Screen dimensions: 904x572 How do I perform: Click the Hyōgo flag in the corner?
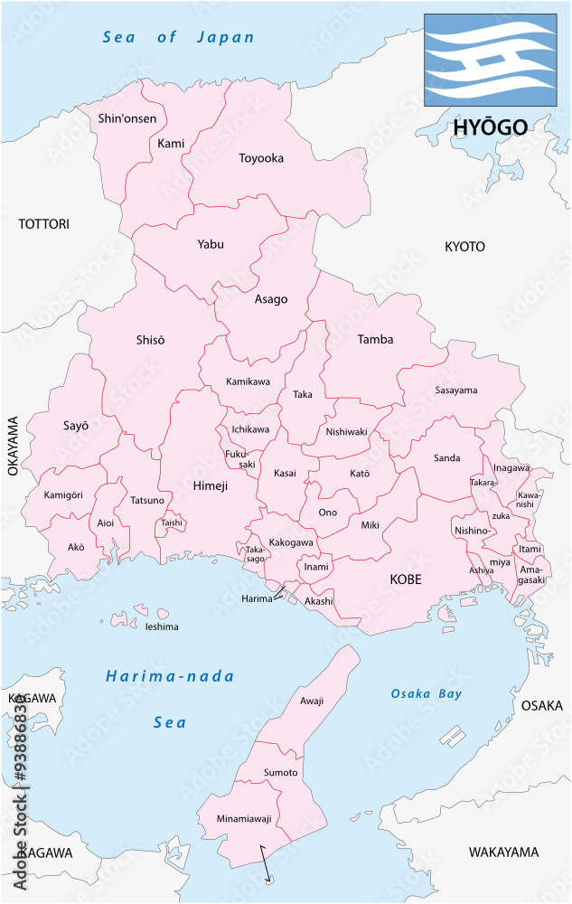[491, 61]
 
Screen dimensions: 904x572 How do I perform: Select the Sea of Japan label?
[179, 38]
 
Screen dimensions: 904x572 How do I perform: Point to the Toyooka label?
[261, 158]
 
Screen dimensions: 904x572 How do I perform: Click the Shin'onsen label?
[127, 118]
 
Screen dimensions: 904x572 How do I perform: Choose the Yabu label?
[211, 244]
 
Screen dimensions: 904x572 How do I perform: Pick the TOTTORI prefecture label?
[43, 223]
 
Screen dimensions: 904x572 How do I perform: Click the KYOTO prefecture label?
[464, 246]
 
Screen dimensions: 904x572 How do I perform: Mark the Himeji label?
[211, 485]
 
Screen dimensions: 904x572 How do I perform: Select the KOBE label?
[407, 579]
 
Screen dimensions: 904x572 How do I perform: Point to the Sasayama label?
[455, 391]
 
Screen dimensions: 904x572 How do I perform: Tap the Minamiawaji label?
[244, 818]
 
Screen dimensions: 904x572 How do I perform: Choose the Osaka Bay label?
[426, 694]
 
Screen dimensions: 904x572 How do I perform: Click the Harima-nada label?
[170, 676]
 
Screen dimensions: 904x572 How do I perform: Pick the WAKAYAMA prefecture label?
[503, 852]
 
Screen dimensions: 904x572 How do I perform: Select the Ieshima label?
[162, 626]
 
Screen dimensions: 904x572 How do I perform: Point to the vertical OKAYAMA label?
[13, 446]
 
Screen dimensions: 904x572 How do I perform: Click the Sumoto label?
[280, 773]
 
